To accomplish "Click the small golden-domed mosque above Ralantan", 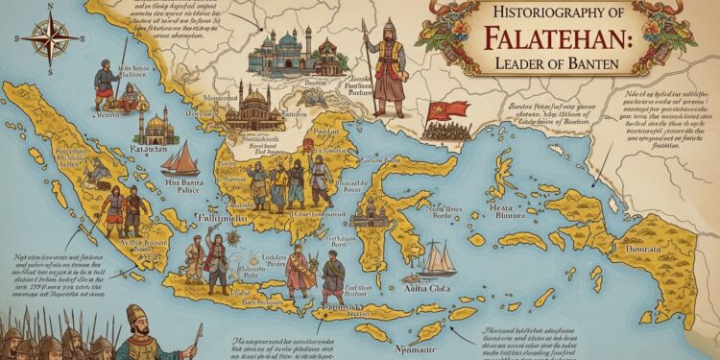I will [156, 125].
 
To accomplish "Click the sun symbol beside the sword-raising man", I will [233, 238].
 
